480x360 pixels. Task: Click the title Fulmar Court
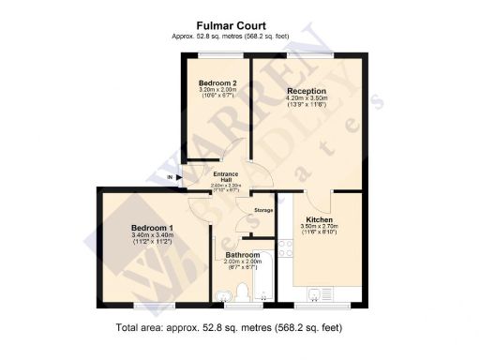tap(240, 26)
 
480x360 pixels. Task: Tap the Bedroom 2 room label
tap(217, 83)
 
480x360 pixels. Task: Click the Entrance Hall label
tap(227, 177)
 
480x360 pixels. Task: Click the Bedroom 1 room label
tap(151, 228)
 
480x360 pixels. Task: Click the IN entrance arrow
tap(172, 176)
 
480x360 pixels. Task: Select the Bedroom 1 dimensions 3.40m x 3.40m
tap(151, 236)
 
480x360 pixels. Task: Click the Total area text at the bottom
tap(240, 329)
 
